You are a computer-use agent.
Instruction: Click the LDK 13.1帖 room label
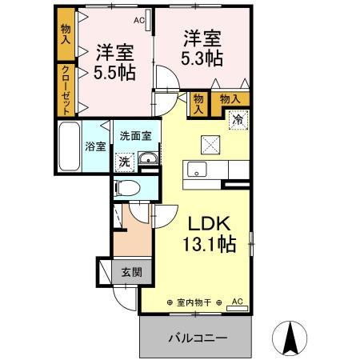pos(210,233)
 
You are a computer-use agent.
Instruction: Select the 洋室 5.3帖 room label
pos(202,49)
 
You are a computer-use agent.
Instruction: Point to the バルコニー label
pos(197,338)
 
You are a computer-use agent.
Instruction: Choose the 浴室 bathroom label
pos(94,146)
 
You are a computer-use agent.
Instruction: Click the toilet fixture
pos(127,188)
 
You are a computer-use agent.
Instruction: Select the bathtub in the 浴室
pos(70,148)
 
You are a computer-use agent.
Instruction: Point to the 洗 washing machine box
pos(124,161)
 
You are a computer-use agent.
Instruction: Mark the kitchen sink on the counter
pos(198,170)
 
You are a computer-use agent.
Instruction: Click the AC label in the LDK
pos(237,301)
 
